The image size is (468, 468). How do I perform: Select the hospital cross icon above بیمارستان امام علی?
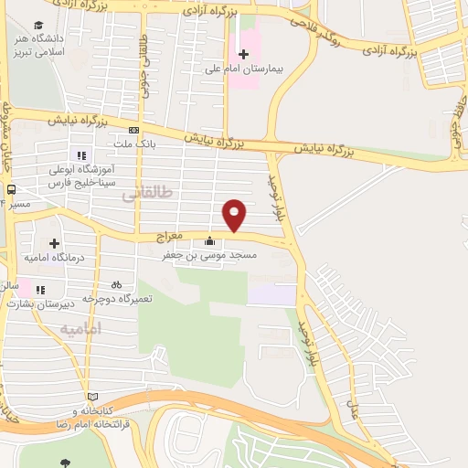[x=243, y=54]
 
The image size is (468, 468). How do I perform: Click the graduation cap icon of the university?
[x=38, y=25]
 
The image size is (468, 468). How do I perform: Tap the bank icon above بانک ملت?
[x=134, y=129]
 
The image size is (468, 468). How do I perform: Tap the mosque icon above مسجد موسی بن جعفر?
[x=211, y=242]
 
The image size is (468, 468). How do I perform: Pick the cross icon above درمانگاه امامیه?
[x=55, y=243]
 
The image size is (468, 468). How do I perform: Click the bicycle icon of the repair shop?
[x=116, y=284]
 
